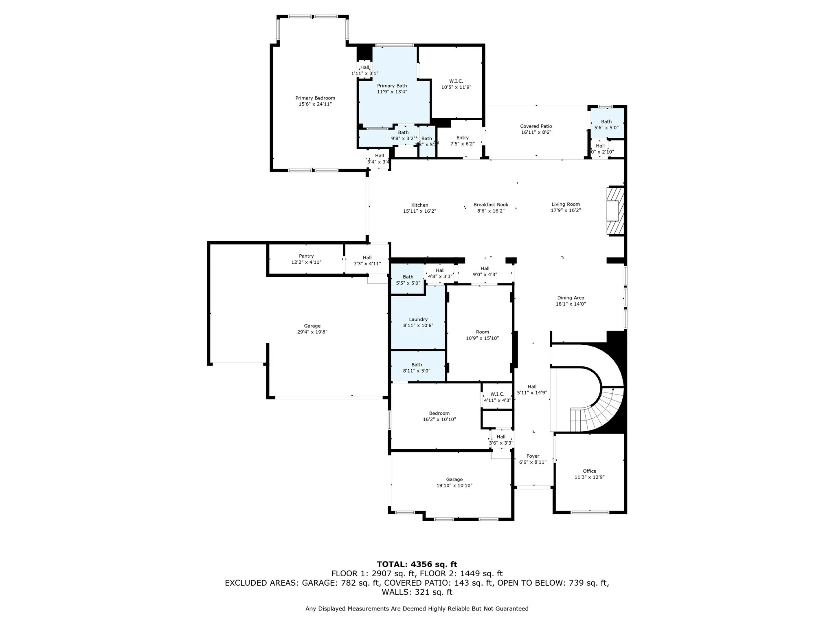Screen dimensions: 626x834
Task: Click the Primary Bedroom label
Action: pos(315,98)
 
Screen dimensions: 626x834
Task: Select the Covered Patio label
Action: pos(536,126)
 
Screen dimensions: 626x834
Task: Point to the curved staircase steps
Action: pos(599,412)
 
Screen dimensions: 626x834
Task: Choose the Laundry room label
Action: pos(418,320)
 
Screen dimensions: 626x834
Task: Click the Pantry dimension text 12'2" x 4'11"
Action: pos(306,262)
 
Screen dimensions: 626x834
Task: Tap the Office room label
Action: pos(589,471)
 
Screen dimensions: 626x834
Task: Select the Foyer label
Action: pos(533,456)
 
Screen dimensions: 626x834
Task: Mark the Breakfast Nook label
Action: pos(491,205)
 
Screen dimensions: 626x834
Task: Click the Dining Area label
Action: pos(571,298)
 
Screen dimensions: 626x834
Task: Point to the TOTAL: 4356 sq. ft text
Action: pos(417,564)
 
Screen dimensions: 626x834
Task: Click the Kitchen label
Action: pos(419,205)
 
